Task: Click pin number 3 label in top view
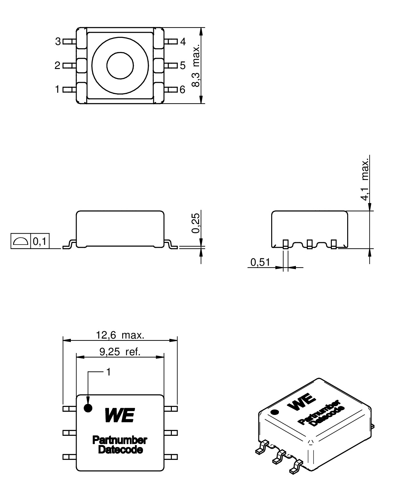(58, 41)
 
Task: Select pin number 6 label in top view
(182, 90)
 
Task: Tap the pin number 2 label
(57, 65)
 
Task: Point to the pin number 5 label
(182, 65)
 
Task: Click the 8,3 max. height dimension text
(196, 65)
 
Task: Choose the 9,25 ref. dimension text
(120, 352)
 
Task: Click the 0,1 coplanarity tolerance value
(40, 241)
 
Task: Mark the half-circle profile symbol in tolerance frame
(21, 241)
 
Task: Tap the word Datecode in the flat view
(120, 450)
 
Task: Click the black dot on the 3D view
(274, 412)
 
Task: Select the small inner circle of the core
(120, 66)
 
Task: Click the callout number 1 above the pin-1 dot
(108, 372)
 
